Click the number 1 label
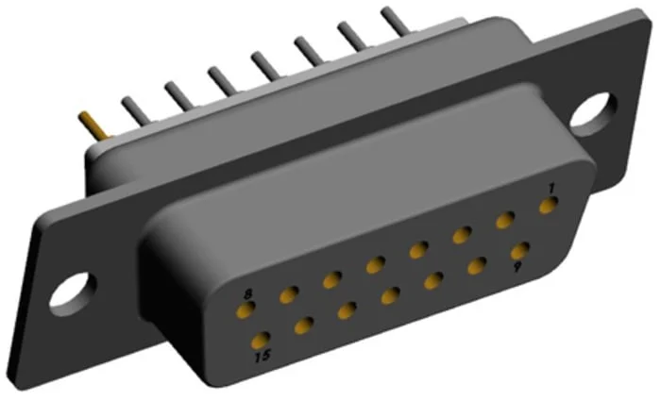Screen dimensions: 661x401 click(551, 189)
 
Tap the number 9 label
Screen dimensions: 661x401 click(517, 267)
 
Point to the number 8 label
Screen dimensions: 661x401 click(247, 293)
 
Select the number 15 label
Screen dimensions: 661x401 click(263, 357)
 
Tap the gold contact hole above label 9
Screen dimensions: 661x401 click(520, 251)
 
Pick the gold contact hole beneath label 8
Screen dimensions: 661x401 click(246, 309)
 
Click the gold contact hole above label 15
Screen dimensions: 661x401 click(261, 340)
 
